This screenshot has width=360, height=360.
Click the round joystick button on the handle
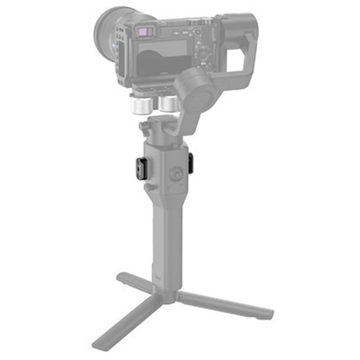175,174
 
